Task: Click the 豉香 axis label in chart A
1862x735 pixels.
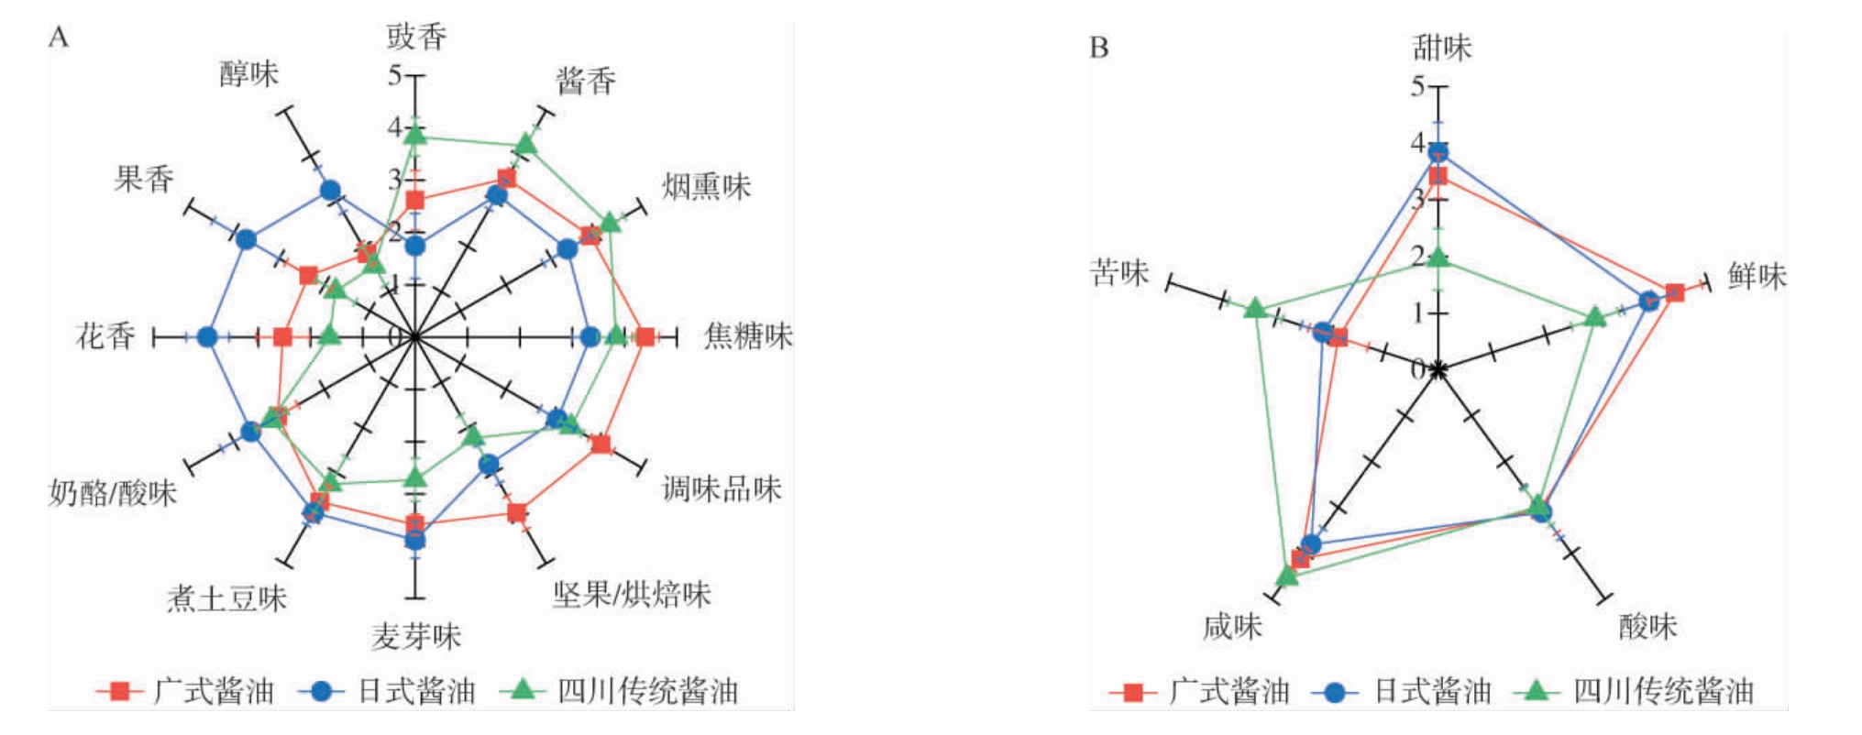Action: pos(416,37)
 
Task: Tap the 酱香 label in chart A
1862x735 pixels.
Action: pos(585,82)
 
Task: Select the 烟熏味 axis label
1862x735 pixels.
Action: pos(706,187)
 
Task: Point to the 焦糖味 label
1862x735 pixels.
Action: pos(748,336)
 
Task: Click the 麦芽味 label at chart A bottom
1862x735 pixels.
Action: pos(415,636)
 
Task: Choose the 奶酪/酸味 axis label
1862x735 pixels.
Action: pos(112,493)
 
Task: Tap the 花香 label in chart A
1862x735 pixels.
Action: pos(105,336)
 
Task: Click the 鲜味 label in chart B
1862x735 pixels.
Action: pos(1757,276)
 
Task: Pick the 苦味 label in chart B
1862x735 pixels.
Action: pos(1118,272)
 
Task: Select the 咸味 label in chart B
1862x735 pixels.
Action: pos(1232,627)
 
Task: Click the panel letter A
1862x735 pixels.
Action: pos(58,38)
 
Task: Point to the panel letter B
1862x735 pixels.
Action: pos(1099,47)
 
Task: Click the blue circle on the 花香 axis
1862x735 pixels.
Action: pos(208,337)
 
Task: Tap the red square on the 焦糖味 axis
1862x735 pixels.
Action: pos(645,337)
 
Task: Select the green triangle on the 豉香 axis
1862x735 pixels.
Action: pos(416,136)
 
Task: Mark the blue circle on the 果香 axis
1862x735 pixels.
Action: pos(246,239)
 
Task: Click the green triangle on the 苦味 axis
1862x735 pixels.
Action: pos(1256,308)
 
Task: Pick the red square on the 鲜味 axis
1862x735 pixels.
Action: pos(1674,292)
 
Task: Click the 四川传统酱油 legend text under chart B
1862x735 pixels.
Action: pos(1663,691)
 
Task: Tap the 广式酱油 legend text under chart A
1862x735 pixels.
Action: pos(214,691)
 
